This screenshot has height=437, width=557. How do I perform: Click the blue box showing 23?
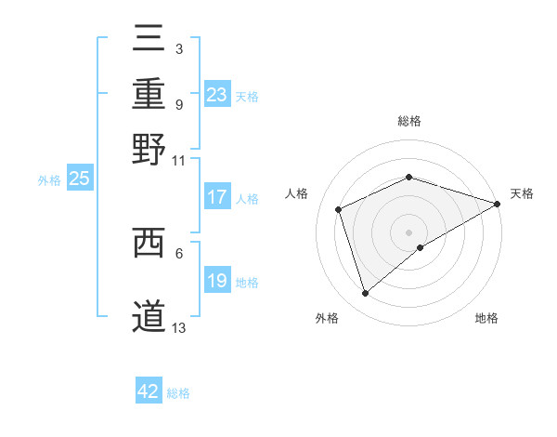pyautogui.click(x=217, y=95)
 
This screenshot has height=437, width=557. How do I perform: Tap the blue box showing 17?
pyautogui.click(x=217, y=197)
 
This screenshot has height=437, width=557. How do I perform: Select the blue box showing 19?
pyautogui.click(x=217, y=281)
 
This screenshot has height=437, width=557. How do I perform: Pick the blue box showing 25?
pyautogui.click(x=79, y=179)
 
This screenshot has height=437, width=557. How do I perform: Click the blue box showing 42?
pyautogui.click(x=149, y=391)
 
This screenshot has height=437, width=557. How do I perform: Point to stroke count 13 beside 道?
pyautogui.click(x=179, y=326)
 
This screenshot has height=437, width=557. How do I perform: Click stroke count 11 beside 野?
pyautogui.click(x=179, y=160)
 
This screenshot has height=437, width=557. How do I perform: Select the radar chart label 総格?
pyautogui.click(x=409, y=121)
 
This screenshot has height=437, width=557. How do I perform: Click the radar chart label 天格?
pyautogui.click(x=522, y=193)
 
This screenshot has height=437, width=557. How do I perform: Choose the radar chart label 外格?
pyautogui.click(x=327, y=319)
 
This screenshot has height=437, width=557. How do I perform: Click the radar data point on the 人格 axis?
pyautogui.click(x=339, y=209)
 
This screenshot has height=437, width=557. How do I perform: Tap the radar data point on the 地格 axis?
pyautogui.click(x=421, y=247)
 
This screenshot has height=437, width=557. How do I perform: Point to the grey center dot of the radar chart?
pyautogui.click(x=409, y=232)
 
